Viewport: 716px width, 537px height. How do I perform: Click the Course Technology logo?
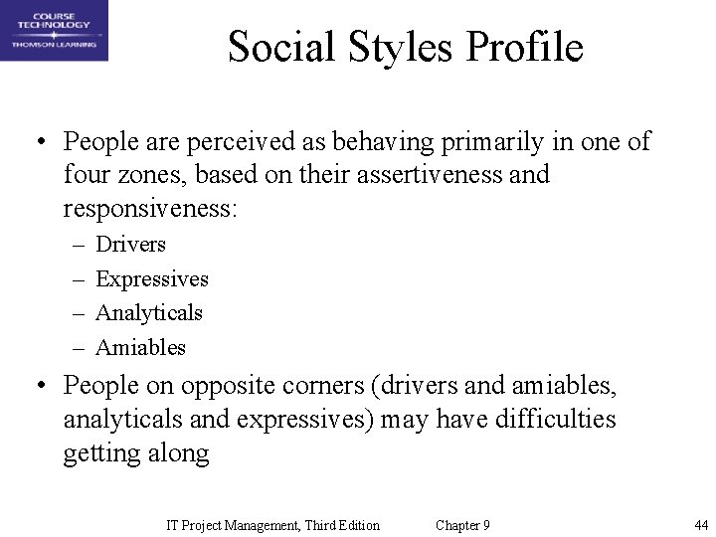[54, 31]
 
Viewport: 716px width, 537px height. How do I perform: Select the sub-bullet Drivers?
[130, 244]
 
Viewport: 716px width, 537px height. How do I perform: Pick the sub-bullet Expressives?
[151, 278]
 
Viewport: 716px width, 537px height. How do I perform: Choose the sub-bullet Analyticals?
[148, 312]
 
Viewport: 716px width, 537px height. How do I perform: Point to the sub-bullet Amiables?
[140, 347]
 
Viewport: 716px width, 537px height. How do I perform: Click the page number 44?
[701, 525]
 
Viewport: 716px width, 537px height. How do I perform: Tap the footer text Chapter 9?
[462, 525]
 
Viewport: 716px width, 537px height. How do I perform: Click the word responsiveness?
[149, 210]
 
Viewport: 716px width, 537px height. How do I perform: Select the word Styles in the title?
[392, 47]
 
